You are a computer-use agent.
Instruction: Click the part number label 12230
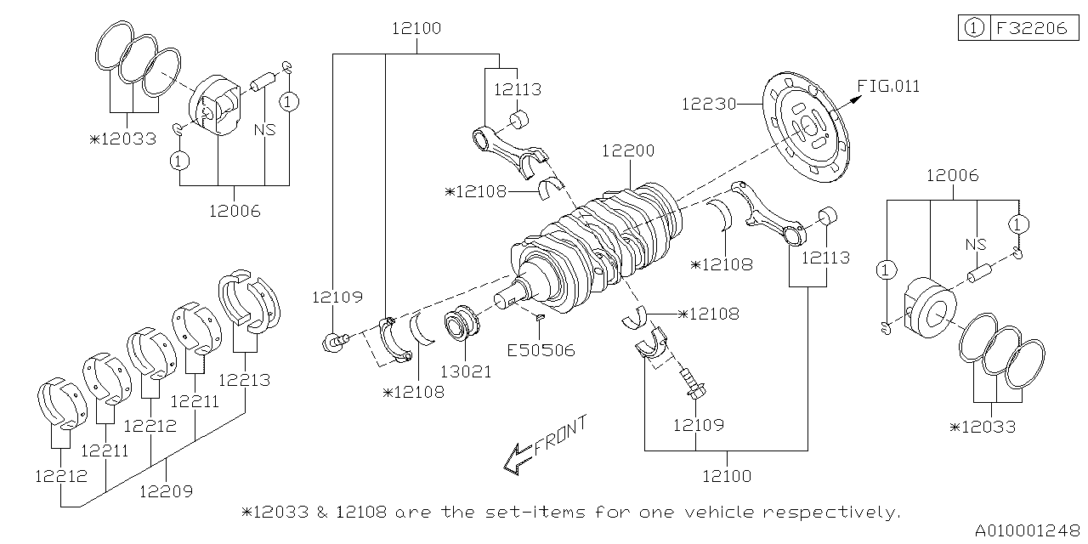point(708,104)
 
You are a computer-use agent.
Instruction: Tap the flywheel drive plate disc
point(805,128)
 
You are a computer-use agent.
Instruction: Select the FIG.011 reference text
point(888,86)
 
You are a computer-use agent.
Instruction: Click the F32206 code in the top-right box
point(1032,28)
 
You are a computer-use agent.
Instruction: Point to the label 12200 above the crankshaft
point(628,151)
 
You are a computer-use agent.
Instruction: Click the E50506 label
point(541,349)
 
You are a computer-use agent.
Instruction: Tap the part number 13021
point(466,371)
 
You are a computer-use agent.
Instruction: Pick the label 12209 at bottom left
point(166,490)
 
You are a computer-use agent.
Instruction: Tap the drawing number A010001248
point(1026,530)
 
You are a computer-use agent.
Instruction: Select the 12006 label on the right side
point(952,176)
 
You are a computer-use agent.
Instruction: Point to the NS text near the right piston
point(976,244)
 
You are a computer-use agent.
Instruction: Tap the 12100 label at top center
point(416,28)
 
